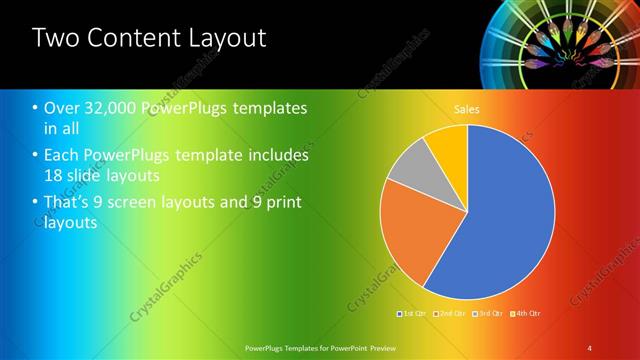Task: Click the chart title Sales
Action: click(x=467, y=108)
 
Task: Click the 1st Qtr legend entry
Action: click(x=412, y=314)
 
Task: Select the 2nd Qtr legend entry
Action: click(x=449, y=314)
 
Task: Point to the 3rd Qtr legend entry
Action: click(x=487, y=314)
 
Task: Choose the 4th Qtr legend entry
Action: click(x=525, y=314)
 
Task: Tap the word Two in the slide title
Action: click(x=55, y=39)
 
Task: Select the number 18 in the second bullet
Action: click(x=56, y=175)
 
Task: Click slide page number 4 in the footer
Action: click(x=589, y=347)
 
